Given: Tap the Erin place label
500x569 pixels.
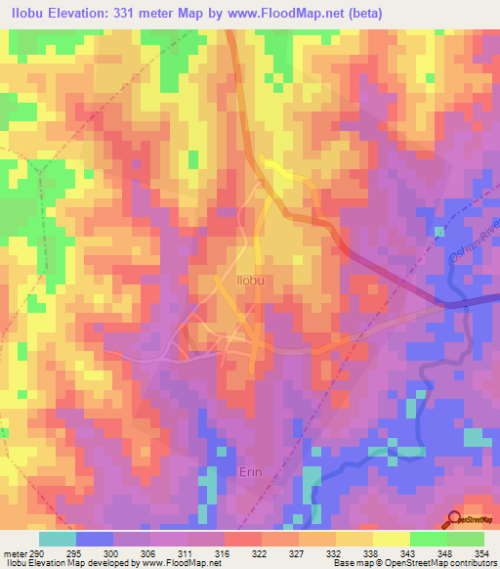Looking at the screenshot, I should pos(252,470).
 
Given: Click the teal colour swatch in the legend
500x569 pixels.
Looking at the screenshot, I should pos(58,539).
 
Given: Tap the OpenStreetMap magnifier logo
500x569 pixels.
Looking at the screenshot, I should pos(454,518).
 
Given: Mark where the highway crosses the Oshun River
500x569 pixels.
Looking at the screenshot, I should pos(451,304).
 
